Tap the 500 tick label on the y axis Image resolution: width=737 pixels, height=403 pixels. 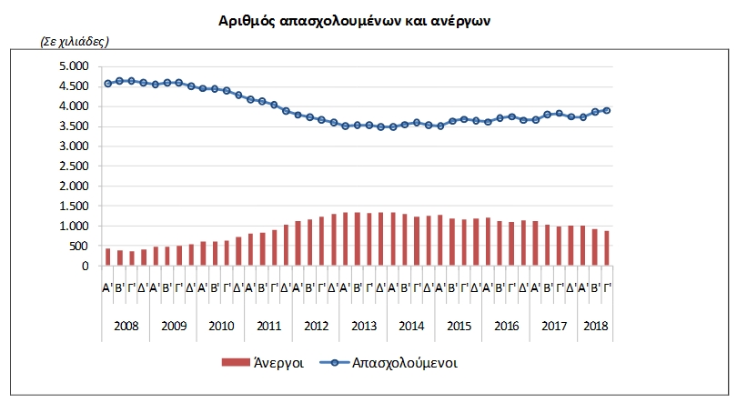(x=79, y=247)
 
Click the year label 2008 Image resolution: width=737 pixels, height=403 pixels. (x=126, y=326)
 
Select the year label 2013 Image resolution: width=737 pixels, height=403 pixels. (x=363, y=326)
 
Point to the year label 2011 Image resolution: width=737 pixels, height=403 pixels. (x=268, y=326)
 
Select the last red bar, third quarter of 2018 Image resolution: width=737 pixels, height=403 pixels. (x=606, y=248)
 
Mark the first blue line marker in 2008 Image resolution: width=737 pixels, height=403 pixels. (x=107, y=83)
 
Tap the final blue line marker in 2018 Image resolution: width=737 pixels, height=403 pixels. (x=606, y=110)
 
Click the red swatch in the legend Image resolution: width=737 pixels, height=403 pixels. (x=235, y=362)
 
